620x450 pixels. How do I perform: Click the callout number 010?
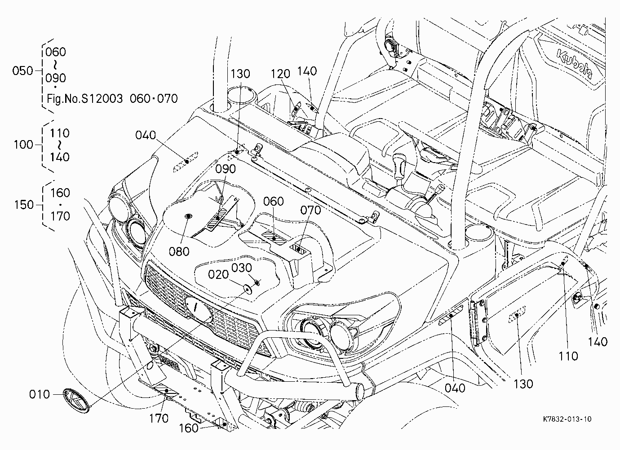(39, 394)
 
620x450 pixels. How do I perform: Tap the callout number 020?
(218, 274)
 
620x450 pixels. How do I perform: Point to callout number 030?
(242, 268)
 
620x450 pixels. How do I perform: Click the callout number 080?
(179, 251)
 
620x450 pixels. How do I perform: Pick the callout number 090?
(226, 169)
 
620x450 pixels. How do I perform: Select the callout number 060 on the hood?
(274, 202)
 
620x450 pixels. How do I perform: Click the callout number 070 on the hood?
(311, 210)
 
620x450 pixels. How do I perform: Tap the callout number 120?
(280, 74)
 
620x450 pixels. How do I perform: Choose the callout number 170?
(159, 419)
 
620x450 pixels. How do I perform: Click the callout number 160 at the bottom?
(189, 428)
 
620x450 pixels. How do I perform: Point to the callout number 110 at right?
(568, 356)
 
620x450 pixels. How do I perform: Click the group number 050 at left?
(23, 71)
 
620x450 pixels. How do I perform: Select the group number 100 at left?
(23, 145)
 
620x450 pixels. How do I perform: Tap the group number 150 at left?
(24, 205)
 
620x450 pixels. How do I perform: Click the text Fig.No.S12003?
(85, 98)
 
